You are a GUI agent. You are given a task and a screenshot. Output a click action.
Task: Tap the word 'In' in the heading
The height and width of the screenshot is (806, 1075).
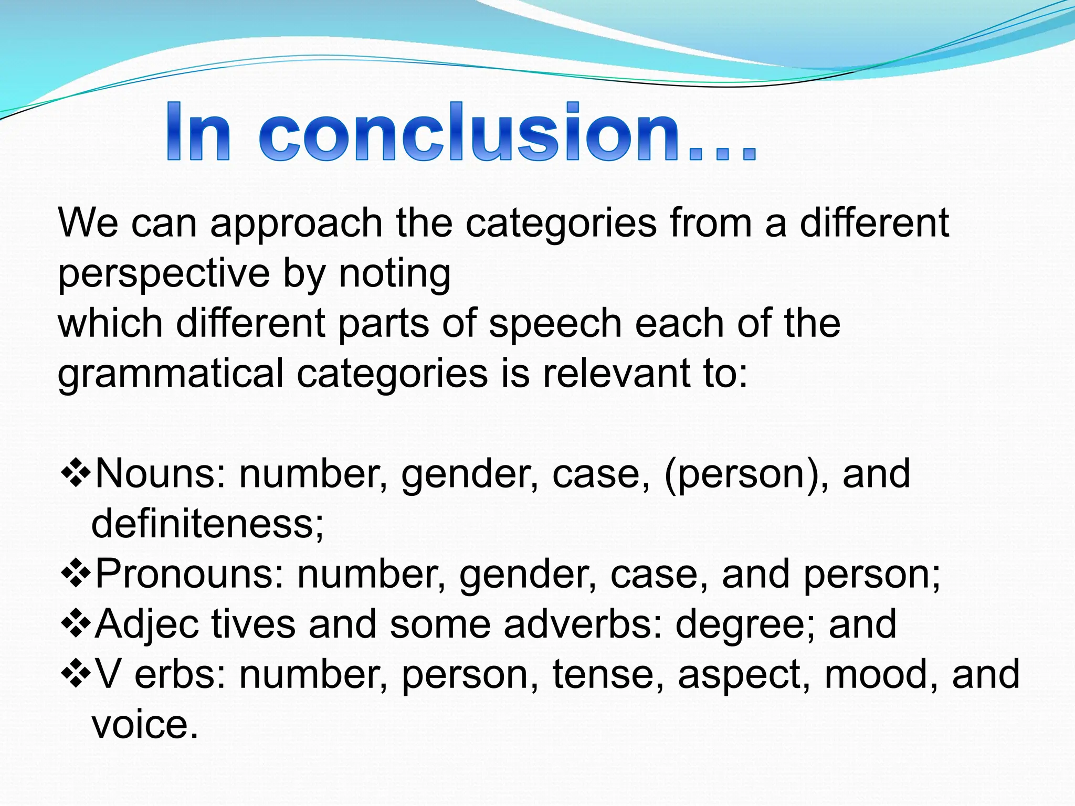(x=198, y=132)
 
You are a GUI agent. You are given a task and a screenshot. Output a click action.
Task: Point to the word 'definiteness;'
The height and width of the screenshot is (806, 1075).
(x=207, y=524)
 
